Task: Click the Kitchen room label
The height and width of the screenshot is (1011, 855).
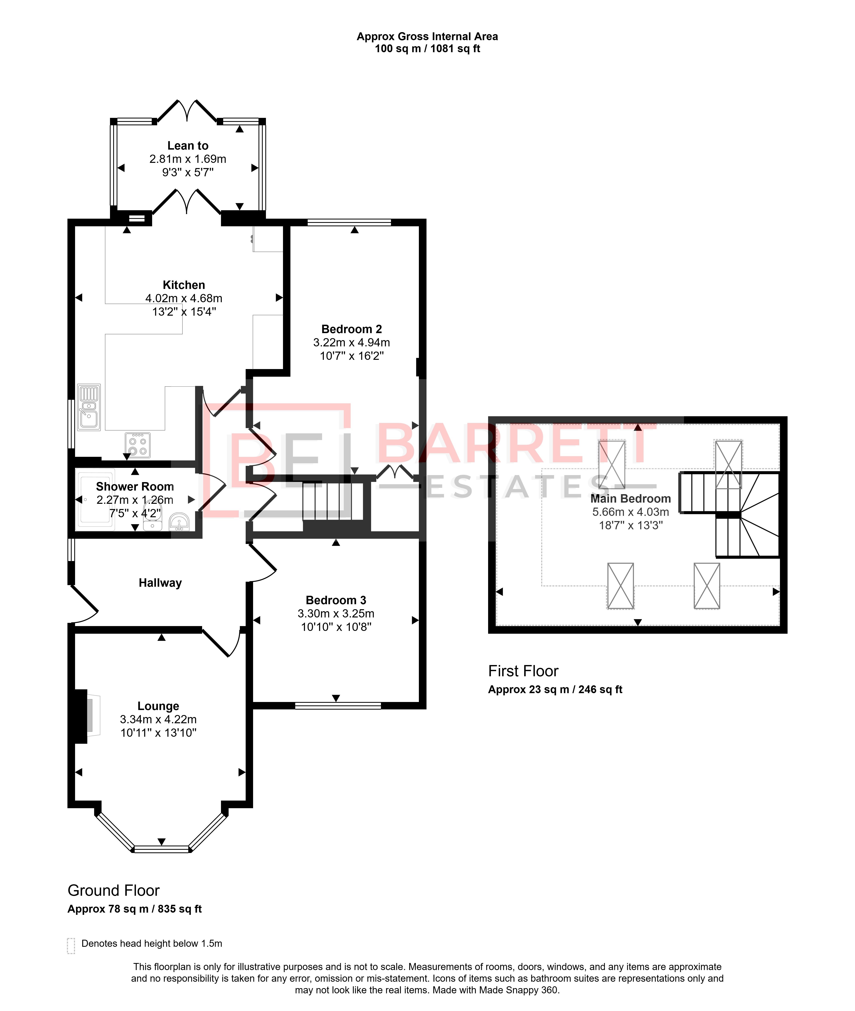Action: [184, 285]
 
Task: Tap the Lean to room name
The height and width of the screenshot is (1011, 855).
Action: [188, 145]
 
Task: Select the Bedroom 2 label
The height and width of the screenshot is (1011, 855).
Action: [351, 329]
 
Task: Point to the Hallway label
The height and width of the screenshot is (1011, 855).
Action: [160, 583]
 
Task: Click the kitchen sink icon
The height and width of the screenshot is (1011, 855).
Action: [89, 407]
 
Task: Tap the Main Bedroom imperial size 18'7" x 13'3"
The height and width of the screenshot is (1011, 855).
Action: [631, 525]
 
